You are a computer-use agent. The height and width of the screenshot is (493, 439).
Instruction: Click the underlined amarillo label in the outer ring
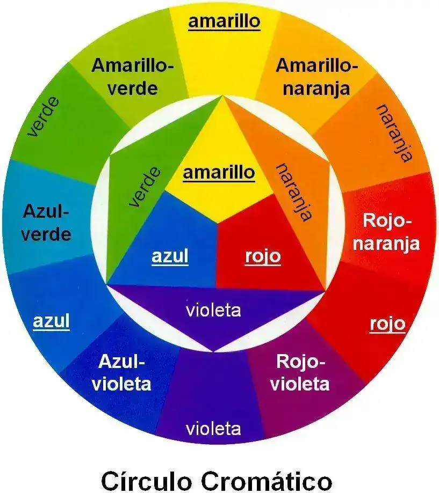click(224, 21)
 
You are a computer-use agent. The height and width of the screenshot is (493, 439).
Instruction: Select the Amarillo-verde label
click(133, 77)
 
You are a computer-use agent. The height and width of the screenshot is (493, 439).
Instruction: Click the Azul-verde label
click(47, 223)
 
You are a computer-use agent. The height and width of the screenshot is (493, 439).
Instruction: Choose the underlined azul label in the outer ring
click(52, 321)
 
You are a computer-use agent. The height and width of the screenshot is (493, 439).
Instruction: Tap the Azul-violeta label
click(121, 373)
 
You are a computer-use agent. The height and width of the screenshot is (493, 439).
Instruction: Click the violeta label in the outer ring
click(213, 429)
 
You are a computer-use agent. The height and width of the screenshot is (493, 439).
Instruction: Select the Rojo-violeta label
click(300, 373)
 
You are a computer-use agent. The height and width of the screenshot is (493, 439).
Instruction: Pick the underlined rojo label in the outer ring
click(387, 324)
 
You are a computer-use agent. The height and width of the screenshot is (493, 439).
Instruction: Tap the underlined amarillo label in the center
click(219, 173)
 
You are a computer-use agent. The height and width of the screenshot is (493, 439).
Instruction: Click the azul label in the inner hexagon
click(170, 256)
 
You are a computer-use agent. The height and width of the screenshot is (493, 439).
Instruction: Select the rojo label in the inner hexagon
click(263, 256)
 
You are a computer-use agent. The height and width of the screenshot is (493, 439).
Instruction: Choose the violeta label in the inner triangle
click(213, 310)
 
